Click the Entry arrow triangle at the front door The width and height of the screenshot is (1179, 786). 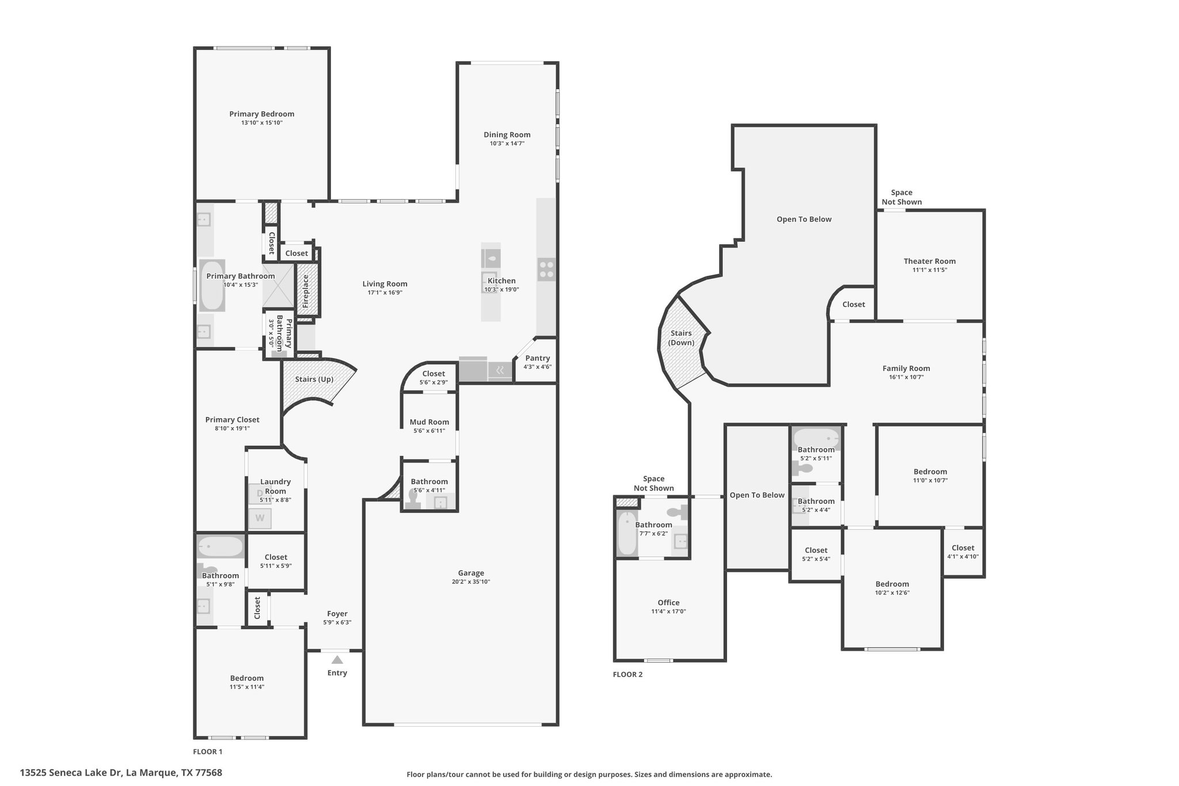coord(337,660)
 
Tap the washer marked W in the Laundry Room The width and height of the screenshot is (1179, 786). coord(260,518)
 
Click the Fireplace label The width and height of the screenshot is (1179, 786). coord(306,291)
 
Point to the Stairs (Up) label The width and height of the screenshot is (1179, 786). coord(314,379)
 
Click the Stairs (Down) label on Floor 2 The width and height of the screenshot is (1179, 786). coord(681,338)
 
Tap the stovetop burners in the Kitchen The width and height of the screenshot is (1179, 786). coord(546,269)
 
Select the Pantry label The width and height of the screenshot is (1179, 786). coord(538,358)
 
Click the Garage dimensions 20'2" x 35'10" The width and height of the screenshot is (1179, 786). coord(471,582)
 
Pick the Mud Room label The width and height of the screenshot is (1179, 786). coord(429,422)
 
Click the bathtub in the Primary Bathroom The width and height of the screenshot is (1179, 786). coord(211,286)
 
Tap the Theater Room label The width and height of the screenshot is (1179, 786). coord(930,261)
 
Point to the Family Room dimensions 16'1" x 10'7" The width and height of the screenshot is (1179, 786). coord(907,377)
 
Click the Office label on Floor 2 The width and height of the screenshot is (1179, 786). coord(669,603)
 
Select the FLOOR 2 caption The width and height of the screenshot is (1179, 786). coord(627,674)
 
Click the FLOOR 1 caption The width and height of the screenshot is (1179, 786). coord(207,751)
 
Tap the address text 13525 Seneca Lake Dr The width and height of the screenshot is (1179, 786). coord(71,773)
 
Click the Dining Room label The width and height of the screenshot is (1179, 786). coord(507,135)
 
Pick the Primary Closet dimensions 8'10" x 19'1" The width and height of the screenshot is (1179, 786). coord(232,428)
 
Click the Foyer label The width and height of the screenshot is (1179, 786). coord(337,614)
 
